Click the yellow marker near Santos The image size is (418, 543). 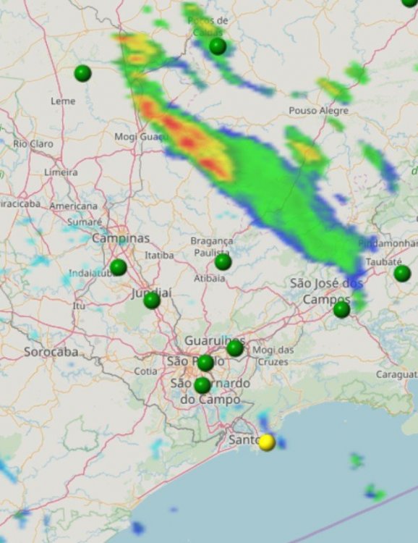[x=267, y=442]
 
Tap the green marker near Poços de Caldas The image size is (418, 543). [x=218, y=46]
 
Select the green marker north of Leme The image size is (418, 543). [x=82, y=73]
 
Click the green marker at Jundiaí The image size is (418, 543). [x=151, y=300]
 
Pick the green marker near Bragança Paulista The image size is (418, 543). [x=223, y=261]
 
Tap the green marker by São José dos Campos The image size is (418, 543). [x=341, y=309]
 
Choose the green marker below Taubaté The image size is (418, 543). [x=402, y=273]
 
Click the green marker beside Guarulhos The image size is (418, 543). [x=235, y=348]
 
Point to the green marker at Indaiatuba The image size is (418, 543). [x=118, y=267]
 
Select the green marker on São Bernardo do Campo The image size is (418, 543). [x=202, y=385]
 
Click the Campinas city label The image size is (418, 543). [x=121, y=238]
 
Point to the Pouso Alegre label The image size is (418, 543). [x=318, y=111]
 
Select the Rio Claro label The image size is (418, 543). [x=33, y=144]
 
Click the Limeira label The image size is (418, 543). [x=61, y=172]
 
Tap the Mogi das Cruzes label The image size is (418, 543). [x=273, y=355]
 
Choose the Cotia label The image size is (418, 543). [x=145, y=371]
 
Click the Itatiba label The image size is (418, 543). [x=159, y=256]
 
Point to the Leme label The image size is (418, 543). [x=63, y=101]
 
